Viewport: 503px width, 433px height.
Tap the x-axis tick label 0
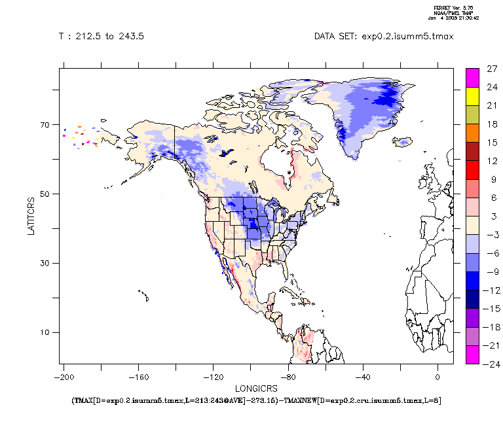(438, 377)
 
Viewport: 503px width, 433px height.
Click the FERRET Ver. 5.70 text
(451, 8)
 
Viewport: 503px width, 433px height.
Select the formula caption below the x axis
(256, 400)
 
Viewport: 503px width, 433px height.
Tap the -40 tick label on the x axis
(362, 377)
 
